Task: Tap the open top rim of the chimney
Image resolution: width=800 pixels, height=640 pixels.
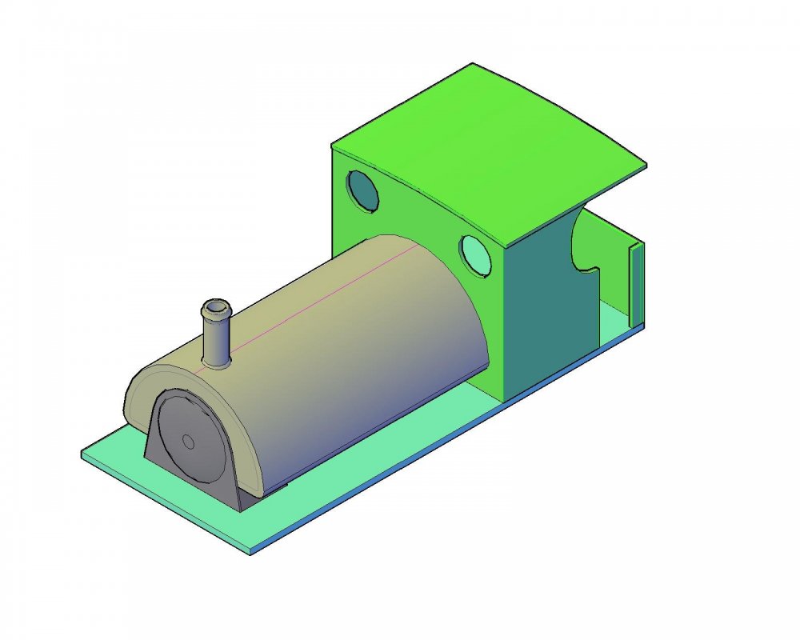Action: (x=216, y=307)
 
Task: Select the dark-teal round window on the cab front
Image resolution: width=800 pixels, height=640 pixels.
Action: (x=363, y=190)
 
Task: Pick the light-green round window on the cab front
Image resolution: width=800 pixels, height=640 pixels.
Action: (x=477, y=255)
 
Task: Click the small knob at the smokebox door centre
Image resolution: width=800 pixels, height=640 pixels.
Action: (x=188, y=441)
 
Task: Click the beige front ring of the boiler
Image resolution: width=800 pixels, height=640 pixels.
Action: (x=136, y=392)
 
